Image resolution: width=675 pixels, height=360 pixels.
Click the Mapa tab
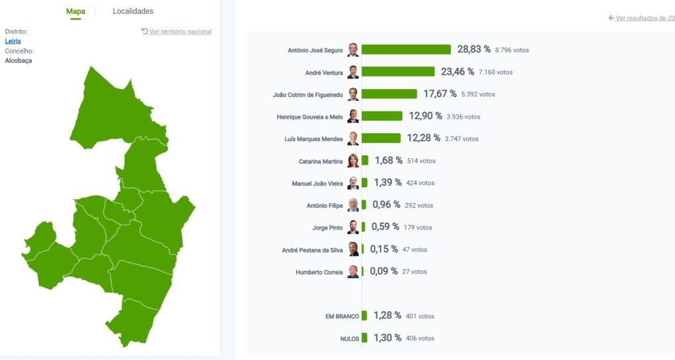pos(76,11)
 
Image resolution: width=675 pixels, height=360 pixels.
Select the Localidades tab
pos(133,11)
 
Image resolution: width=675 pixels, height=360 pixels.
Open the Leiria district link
pos(13,41)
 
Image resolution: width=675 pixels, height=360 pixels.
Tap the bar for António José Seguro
pos(406,49)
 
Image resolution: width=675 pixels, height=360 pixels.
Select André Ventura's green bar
pos(398,72)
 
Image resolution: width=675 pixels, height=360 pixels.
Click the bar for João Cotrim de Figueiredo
pos(389,94)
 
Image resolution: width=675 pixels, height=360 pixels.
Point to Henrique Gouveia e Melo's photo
pos(353,117)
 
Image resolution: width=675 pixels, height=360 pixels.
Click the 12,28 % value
pos(423,138)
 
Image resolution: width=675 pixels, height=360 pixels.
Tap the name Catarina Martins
pos(321,162)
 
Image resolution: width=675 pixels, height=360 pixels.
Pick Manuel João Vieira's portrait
pos(353,183)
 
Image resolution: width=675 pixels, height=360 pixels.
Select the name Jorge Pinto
pos(328,228)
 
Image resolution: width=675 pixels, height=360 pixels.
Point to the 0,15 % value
pos(384,249)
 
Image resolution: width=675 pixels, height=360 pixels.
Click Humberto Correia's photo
pos(353,272)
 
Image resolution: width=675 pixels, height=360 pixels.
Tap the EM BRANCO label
pos(342,316)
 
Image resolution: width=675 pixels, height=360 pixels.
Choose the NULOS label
pos(349,339)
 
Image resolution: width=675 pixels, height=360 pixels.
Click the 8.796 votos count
pos(512,50)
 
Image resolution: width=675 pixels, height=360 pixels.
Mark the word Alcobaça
pos(18,61)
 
